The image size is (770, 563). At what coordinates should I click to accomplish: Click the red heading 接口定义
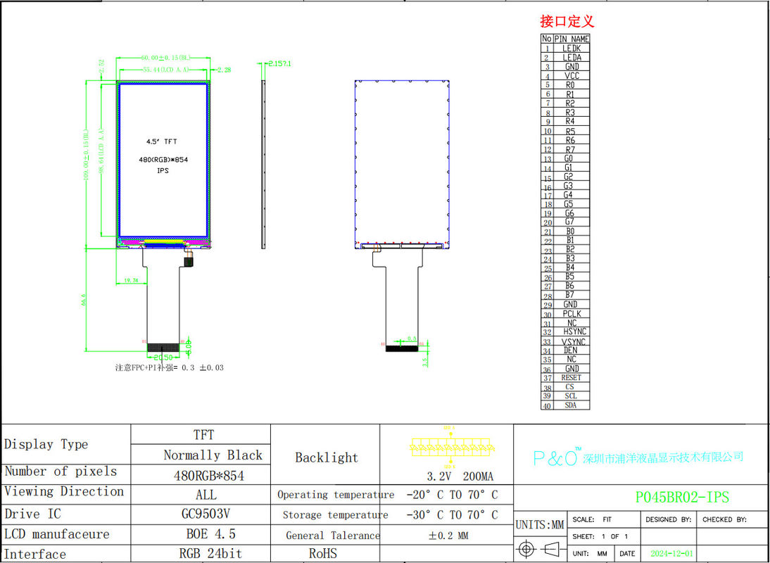(x=567, y=21)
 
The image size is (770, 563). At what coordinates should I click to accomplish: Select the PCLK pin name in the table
(x=572, y=314)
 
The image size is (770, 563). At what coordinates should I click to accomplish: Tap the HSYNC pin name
(x=574, y=332)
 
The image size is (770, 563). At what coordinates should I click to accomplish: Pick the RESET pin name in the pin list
(x=572, y=378)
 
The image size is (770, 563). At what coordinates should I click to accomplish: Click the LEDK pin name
(x=572, y=49)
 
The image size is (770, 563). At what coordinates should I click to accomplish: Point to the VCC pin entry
(x=572, y=76)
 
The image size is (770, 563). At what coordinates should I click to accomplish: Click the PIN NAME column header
(x=572, y=39)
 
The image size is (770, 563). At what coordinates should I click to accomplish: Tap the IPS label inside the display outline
(x=163, y=170)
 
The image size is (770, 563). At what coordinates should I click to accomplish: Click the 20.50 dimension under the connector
(x=163, y=358)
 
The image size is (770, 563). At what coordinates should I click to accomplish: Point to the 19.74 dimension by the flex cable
(x=131, y=280)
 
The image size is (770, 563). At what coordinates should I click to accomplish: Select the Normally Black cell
(x=213, y=455)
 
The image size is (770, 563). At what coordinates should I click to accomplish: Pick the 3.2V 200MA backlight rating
(x=451, y=476)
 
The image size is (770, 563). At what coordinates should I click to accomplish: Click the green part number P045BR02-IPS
(x=682, y=498)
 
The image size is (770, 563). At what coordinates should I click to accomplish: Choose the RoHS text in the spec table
(x=323, y=554)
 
